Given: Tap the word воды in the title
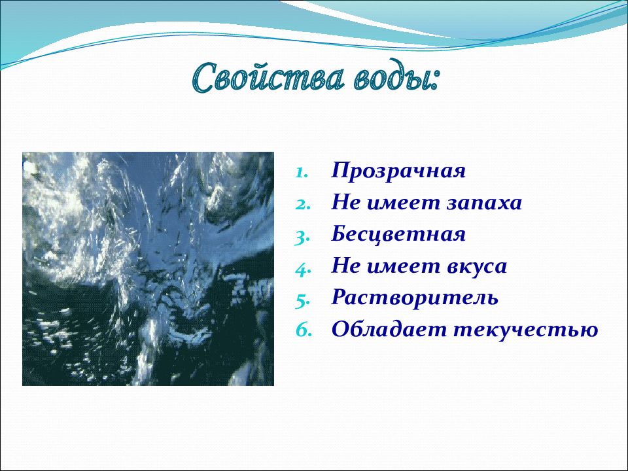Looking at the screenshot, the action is (391, 77).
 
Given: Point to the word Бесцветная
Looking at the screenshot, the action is (398, 234).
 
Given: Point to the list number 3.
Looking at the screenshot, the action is (302, 237).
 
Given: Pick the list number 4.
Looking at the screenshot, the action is (303, 270).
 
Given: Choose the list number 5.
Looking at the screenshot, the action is (303, 301).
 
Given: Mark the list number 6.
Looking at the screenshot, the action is (304, 331).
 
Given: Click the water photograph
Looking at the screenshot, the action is (148, 269).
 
